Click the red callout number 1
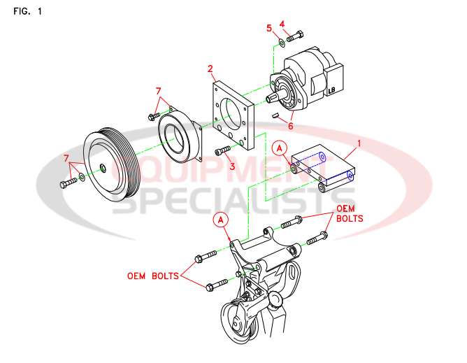click(x=359, y=143)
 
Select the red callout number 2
click(x=210, y=69)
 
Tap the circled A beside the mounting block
click(x=279, y=148)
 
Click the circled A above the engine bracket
click(x=221, y=219)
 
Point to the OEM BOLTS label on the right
click(x=350, y=213)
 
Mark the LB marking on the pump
click(x=333, y=90)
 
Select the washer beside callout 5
click(x=281, y=41)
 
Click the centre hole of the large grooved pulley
click(x=103, y=166)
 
